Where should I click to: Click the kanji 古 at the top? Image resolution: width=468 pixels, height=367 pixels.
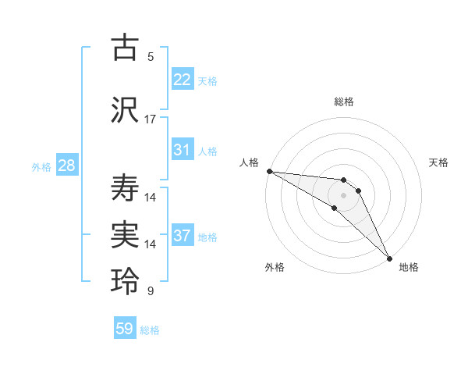click(x=125, y=48)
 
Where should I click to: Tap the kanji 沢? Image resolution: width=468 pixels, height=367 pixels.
click(x=125, y=109)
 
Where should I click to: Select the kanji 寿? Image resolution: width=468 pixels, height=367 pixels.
click(x=125, y=187)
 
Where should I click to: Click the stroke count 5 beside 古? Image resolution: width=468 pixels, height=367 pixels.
click(x=151, y=57)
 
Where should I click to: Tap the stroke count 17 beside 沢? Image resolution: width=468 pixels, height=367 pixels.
click(x=151, y=119)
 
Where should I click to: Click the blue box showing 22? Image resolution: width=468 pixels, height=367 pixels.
click(x=183, y=80)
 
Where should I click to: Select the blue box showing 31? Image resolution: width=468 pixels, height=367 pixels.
click(x=183, y=150)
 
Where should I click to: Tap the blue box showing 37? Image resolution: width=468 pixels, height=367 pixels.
click(x=183, y=236)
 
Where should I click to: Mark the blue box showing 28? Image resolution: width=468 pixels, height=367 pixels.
click(x=66, y=166)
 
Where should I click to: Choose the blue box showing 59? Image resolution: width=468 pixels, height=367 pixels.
click(x=125, y=329)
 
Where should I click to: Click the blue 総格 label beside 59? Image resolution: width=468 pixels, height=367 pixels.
click(x=150, y=330)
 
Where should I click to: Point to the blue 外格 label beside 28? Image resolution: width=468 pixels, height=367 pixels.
click(x=41, y=166)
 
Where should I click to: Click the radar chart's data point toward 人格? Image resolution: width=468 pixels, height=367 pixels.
click(x=269, y=171)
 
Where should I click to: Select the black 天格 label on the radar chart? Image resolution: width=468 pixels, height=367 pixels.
click(x=439, y=162)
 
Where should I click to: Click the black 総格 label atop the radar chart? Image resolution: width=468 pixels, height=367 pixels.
click(x=344, y=102)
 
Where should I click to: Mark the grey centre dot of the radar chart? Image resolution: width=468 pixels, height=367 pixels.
click(x=343, y=194)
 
